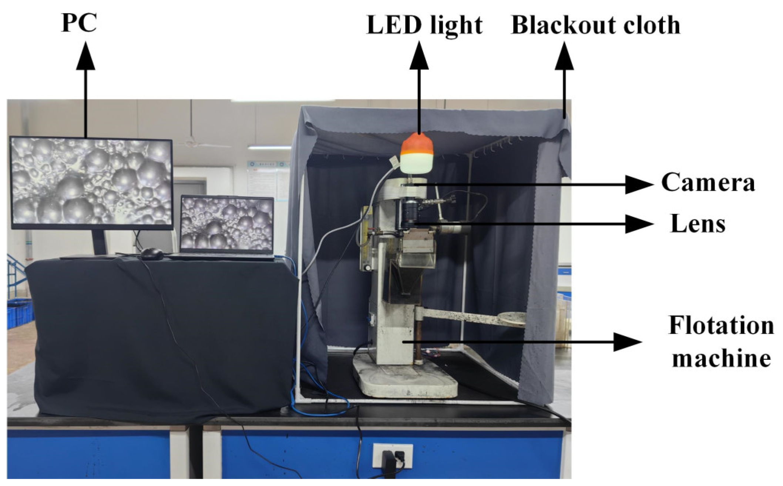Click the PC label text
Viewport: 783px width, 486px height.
coord(79,23)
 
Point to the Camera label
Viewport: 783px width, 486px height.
coord(708,183)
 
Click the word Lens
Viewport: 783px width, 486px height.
coord(698,224)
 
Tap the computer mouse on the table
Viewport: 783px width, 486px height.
coord(152,254)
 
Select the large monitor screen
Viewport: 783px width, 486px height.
coord(92,182)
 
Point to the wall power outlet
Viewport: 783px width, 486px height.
coord(392,455)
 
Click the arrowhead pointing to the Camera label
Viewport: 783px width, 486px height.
coord(638,184)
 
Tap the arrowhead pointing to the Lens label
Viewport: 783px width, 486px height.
coord(638,224)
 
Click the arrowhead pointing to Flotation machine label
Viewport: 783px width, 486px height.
coord(627,342)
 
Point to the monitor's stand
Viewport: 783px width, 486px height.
coord(99,242)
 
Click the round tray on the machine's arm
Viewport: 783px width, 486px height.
coord(512,318)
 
